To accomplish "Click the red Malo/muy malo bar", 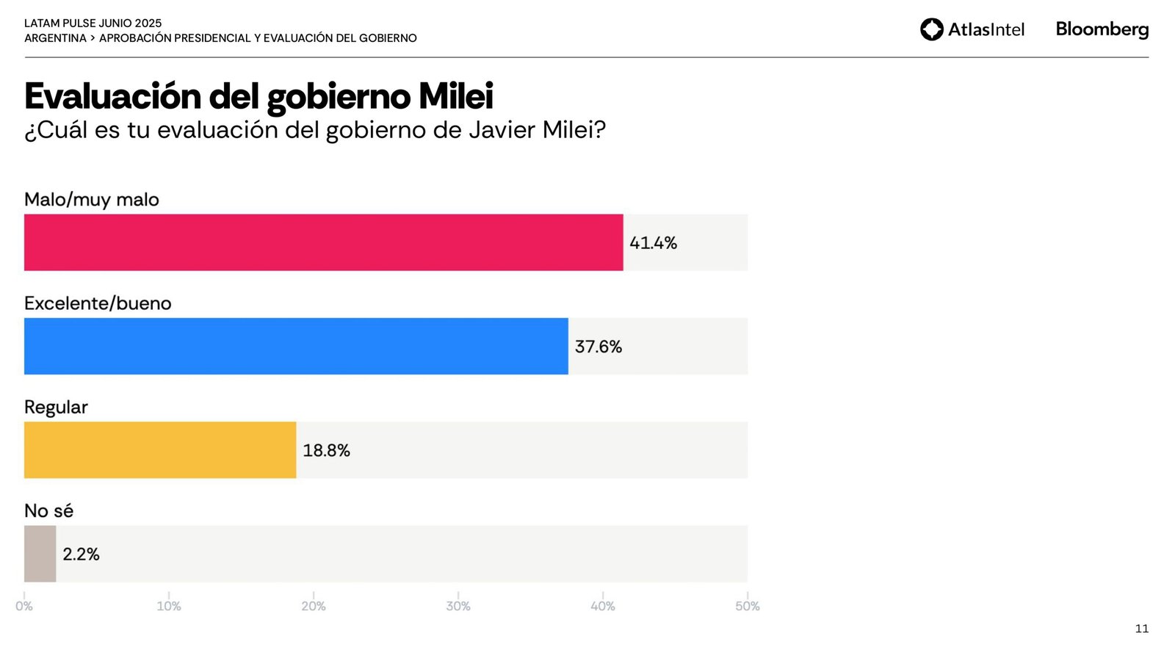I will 323,242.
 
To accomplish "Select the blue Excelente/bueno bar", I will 296,346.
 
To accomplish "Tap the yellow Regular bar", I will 160,449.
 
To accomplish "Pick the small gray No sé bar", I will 40,554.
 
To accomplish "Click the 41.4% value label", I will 653,243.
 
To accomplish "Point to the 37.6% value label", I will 598,347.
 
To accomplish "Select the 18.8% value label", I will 326,450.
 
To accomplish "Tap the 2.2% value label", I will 81,555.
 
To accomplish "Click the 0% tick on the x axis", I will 24,606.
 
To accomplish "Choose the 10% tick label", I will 169,606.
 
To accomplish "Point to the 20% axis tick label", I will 314,606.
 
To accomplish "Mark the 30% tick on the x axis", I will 458,606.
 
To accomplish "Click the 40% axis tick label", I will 603,606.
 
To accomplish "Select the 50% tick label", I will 748,606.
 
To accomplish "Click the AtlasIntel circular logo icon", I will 932,29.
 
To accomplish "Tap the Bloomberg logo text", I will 1102,29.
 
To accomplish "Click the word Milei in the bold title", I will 455,96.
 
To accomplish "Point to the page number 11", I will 1141,629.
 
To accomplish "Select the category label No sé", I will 48,510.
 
